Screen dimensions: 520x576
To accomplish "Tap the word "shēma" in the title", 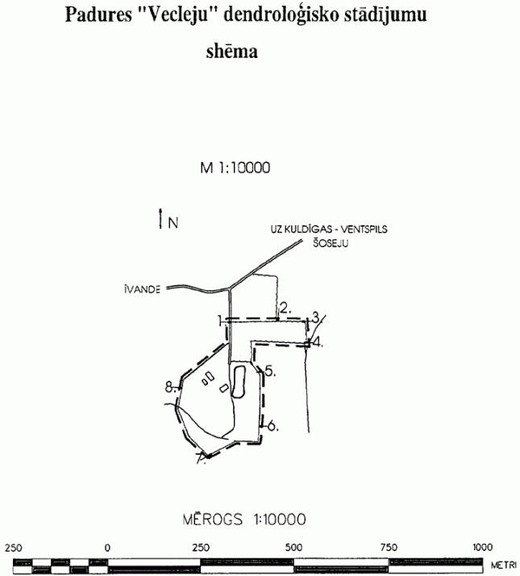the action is point(231,51).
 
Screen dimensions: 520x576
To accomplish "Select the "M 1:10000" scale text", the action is point(235,168).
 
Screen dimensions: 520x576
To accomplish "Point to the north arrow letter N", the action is point(173,223).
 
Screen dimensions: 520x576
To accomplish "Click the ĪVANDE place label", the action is point(143,290).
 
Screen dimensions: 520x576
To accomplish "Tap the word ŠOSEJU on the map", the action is point(331,243).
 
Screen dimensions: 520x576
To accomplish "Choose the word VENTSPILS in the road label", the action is point(364,229).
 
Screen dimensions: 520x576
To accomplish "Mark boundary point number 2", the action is point(285,308).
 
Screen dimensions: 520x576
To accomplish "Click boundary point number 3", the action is point(315,317).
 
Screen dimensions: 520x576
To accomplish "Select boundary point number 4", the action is point(317,342).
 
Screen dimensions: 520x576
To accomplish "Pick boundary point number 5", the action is point(270,371).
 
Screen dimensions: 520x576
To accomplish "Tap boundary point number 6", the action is point(272,426).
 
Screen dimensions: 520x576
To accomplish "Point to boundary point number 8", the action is point(169,387).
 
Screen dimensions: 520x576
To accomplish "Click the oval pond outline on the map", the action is point(231,382).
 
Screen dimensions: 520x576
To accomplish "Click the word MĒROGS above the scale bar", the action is point(213,520).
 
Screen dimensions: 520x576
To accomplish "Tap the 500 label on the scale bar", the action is point(293,548).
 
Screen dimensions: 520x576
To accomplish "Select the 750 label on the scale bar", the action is point(389,548).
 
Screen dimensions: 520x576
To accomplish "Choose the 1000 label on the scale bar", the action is point(483,548).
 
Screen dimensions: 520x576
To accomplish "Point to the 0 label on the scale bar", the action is point(107,548).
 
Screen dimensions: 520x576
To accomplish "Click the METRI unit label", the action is point(504,565).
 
